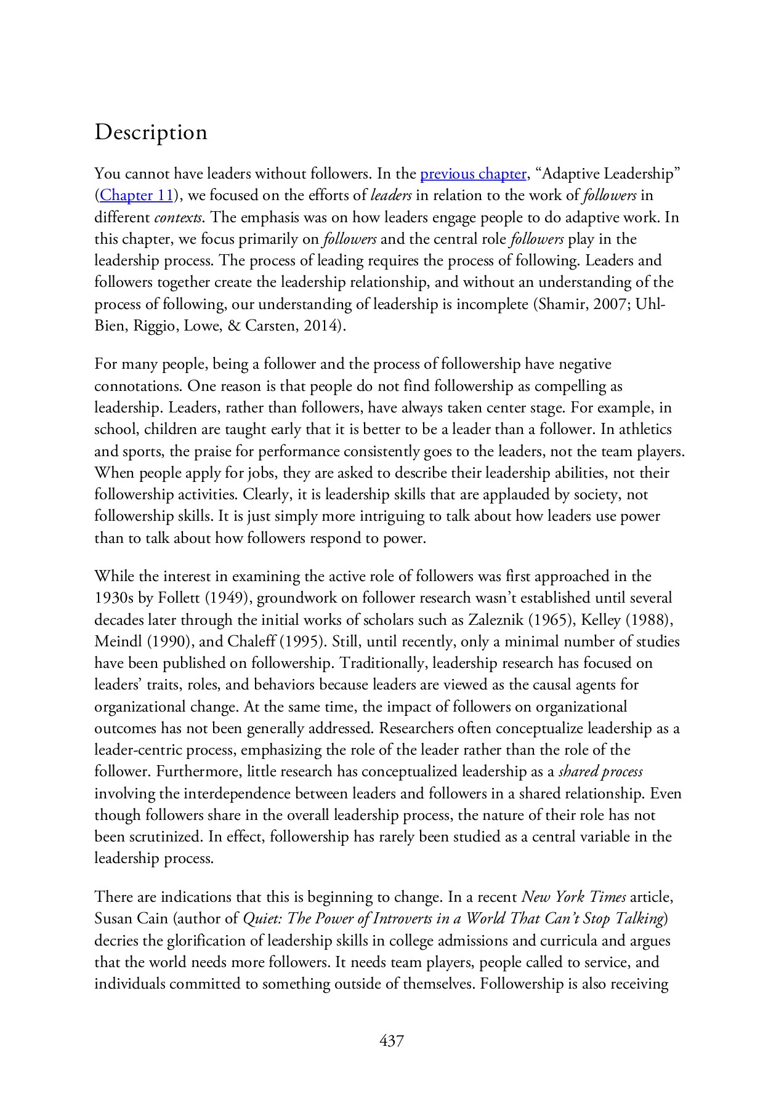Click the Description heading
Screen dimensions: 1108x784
point(151,132)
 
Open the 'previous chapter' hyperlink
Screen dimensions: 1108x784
point(473,174)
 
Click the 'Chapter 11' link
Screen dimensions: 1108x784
point(135,196)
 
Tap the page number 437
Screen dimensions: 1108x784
point(392,1041)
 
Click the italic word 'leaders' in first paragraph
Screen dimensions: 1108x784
point(392,196)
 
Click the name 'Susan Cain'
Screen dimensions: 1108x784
point(131,919)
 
